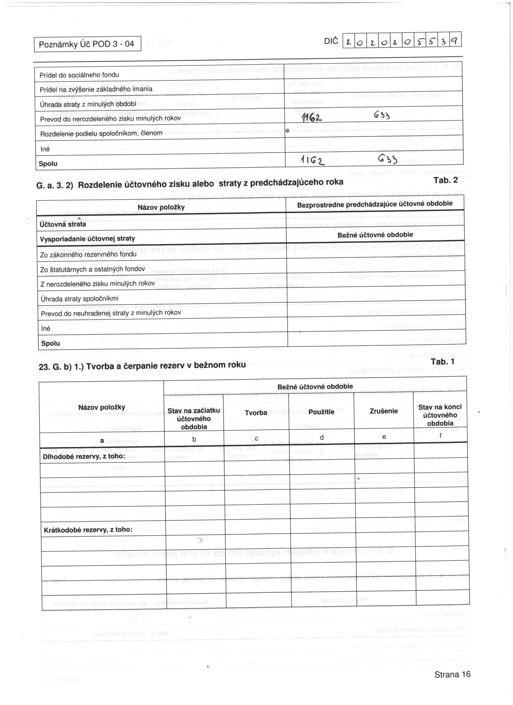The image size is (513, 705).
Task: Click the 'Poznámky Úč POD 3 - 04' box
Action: [x=87, y=44]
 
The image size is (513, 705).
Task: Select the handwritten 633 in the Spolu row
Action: [x=388, y=159]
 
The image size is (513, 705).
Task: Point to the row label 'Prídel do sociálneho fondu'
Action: [x=79, y=75]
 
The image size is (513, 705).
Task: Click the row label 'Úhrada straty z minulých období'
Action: [x=88, y=104]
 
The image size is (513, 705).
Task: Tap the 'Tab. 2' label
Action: [x=446, y=180]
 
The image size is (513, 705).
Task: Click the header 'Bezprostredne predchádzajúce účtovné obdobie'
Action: [x=374, y=204]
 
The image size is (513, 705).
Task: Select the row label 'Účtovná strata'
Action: [x=63, y=224]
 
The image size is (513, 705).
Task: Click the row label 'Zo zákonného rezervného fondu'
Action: [x=88, y=254]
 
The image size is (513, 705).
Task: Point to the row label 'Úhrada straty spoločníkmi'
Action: [x=79, y=299]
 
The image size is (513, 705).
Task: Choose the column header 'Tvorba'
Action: [x=256, y=413]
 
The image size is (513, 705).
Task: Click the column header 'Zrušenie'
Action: [x=384, y=411]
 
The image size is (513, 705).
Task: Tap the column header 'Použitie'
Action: [x=321, y=412]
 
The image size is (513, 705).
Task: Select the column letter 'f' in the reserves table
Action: [x=440, y=436]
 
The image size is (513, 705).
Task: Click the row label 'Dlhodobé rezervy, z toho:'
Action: [x=84, y=456]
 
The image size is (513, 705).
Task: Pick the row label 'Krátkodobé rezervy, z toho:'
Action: [x=88, y=530]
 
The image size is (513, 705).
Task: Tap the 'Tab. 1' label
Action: [x=442, y=362]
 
